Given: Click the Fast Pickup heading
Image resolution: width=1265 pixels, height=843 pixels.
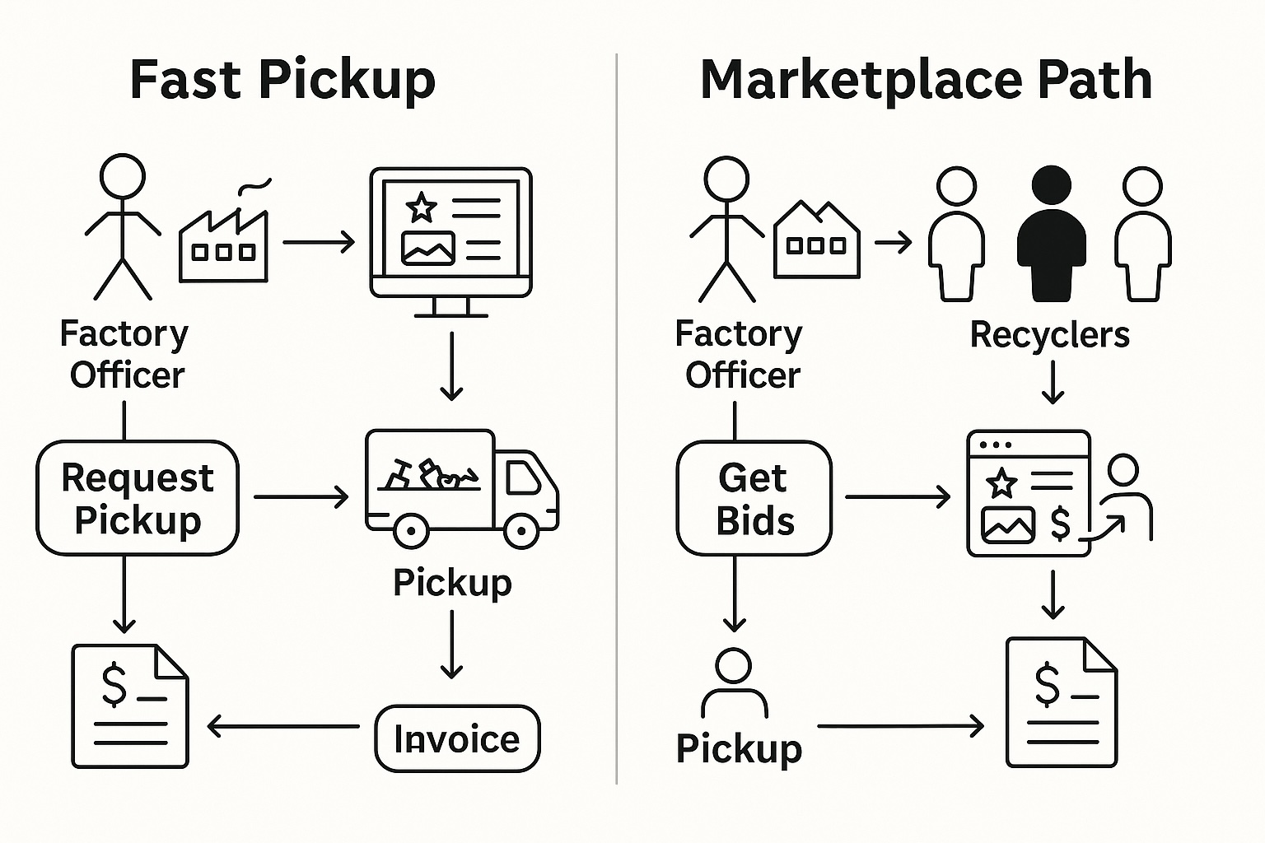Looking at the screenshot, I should coord(282,80).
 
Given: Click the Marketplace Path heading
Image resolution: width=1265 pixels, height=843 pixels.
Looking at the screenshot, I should coord(926,80).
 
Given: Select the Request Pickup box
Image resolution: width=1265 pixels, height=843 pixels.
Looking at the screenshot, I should coord(138,498).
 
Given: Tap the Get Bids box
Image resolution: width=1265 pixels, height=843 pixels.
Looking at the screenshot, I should coord(754,498).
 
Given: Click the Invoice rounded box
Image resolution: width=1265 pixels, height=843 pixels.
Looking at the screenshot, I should coord(457,738).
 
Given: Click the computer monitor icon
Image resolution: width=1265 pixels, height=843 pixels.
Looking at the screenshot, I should coord(450,235).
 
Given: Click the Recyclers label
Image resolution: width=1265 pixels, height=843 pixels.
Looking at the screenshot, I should coord(1049,334).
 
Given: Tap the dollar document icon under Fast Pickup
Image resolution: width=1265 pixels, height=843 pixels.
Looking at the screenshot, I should coord(130,706).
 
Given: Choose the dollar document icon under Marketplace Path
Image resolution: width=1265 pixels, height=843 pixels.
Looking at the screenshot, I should coord(1062,702).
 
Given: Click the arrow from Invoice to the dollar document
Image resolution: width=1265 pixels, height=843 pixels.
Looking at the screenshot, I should coord(283,726).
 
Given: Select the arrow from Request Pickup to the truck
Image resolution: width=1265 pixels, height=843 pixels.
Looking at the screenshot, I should coord(301,497).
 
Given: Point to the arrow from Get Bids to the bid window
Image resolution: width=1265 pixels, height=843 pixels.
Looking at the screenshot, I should coord(898,497).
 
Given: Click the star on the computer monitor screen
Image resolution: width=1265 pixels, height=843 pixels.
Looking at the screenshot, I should coord(422,207).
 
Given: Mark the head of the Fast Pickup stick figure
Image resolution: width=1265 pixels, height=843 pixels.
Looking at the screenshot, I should coord(123,175).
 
